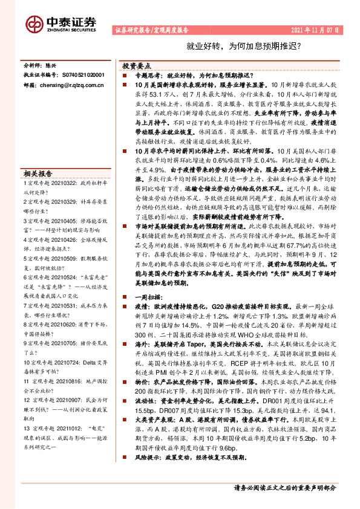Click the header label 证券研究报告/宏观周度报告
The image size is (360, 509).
(151, 29)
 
